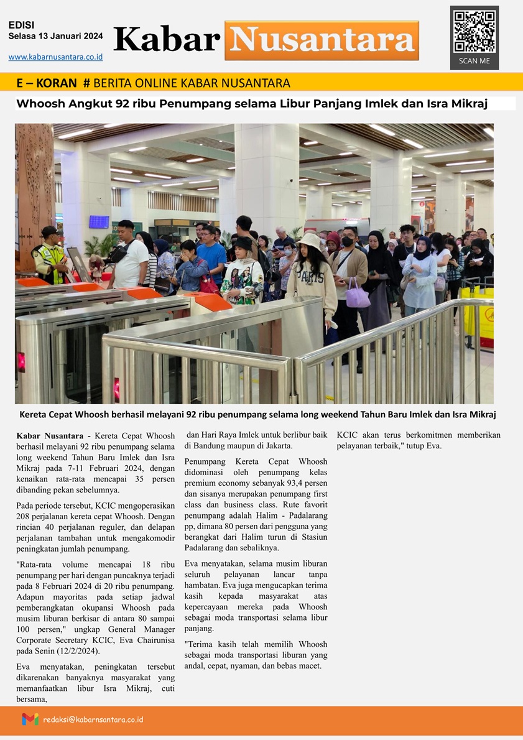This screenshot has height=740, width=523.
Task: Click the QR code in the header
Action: [474, 31]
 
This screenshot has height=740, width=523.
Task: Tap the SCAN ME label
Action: [474, 61]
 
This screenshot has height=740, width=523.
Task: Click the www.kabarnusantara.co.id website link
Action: [55, 57]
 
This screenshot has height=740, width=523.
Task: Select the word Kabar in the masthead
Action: [167, 40]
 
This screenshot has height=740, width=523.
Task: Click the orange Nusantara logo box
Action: [322, 40]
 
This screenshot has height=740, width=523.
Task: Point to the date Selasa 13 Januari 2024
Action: [55, 37]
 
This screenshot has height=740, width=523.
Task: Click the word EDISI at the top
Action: [21, 25]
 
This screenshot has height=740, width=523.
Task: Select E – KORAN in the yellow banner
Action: [47, 83]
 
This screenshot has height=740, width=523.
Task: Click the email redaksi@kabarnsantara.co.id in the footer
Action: [93, 719]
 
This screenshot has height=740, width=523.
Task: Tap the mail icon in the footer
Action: [30, 719]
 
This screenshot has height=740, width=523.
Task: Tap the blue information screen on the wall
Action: [99, 221]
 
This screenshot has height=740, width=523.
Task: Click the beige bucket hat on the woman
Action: [309, 241]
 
